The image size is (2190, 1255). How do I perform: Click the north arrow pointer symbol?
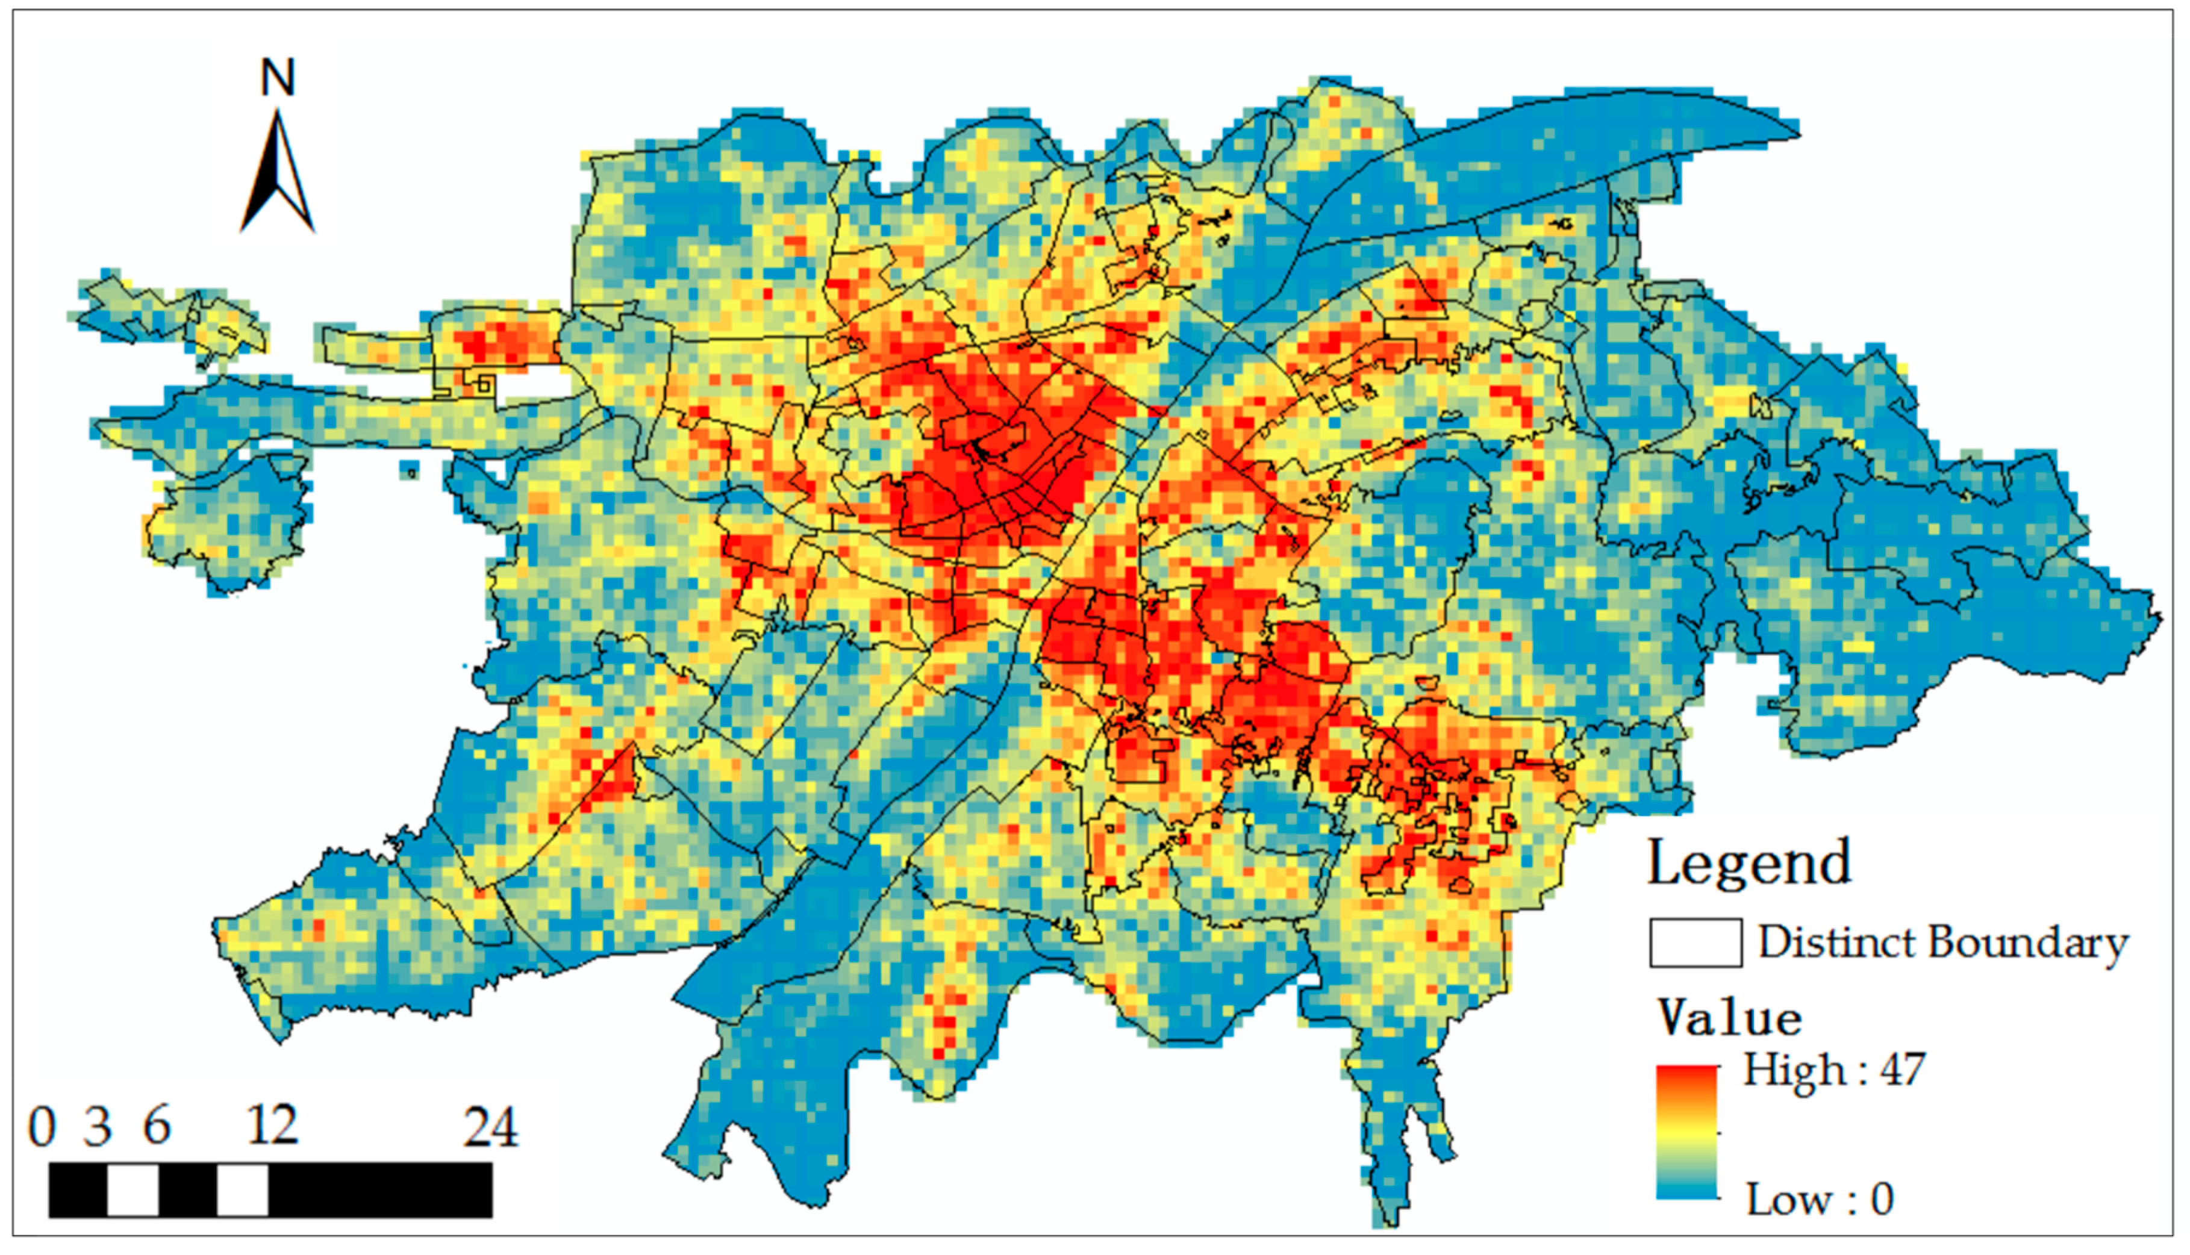(278, 172)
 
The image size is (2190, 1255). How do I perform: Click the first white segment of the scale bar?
(133, 1191)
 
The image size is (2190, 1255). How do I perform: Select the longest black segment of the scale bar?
(380, 1191)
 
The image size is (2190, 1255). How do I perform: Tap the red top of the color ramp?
(1686, 1077)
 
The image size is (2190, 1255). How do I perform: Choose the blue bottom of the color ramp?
(1686, 1189)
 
